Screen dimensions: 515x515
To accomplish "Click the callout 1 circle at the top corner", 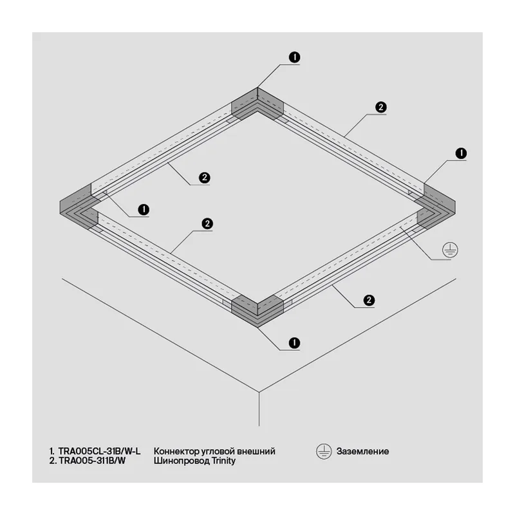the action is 295,57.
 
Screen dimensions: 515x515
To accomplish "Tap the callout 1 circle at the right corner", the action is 461,153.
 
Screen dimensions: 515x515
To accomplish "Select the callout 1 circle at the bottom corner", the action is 294,343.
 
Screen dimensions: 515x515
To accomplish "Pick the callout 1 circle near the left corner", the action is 144,210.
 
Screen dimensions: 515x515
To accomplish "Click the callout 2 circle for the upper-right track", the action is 381,108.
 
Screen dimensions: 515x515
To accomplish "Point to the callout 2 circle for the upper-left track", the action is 205,178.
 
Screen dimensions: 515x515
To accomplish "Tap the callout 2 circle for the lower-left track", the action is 207,224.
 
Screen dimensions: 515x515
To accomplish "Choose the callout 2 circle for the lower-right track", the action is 369,300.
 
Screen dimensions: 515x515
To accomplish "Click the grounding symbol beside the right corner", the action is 450,250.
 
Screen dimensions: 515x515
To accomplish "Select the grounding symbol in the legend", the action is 324,452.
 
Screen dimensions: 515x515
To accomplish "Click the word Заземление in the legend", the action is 362,451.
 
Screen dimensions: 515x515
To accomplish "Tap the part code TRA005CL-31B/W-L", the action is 100,451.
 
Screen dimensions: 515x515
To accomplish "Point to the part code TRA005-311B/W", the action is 92,460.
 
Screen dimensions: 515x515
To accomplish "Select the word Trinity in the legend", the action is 223,461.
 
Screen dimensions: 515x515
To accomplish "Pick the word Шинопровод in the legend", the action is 182,461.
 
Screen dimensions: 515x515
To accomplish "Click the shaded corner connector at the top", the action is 257,103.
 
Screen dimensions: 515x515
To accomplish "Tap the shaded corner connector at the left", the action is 79,207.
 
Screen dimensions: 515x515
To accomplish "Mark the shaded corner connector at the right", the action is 436,207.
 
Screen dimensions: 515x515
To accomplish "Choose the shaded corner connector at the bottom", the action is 257,311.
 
